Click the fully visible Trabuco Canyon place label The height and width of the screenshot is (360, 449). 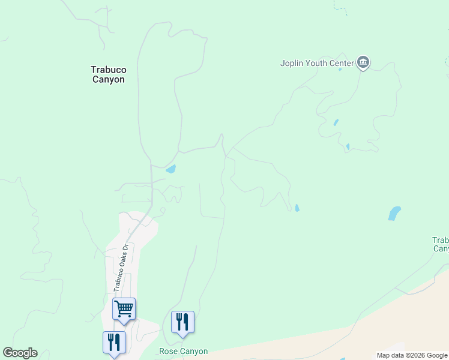(x=108, y=74)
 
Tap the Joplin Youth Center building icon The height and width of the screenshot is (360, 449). (x=363, y=62)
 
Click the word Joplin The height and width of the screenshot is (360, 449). (x=292, y=63)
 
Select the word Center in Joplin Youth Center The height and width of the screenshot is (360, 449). (x=342, y=63)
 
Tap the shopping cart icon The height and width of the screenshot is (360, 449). (x=124, y=309)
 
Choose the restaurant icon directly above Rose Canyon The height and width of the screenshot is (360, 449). (x=182, y=322)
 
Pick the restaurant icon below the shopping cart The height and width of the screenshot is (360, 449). (x=114, y=343)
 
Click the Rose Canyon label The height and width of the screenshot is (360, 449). (x=183, y=352)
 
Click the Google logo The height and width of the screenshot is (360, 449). (x=20, y=353)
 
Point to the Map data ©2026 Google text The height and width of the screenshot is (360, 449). (x=411, y=355)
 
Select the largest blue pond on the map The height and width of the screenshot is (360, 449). (x=394, y=213)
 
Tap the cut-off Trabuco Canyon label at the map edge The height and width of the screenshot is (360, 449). (x=441, y=244)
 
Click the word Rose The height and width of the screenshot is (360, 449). (x=167, y=352)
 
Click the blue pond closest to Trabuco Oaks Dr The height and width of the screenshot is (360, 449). (x=170, y=169)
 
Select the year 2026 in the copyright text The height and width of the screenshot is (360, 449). (x=418, y=355)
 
